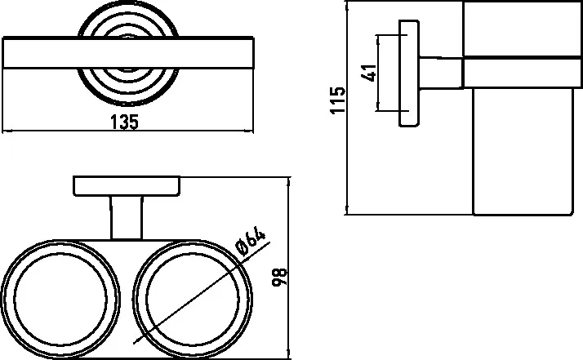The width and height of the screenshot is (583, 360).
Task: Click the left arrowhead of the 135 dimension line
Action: [7, 131]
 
